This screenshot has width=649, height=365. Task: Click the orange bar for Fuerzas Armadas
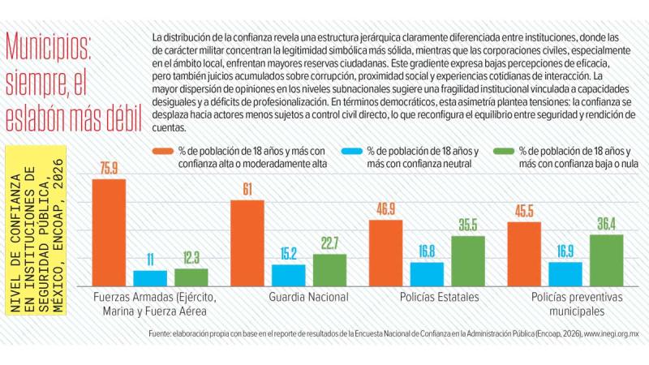tap(108, 232)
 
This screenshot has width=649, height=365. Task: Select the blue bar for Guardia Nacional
tap(289, 275)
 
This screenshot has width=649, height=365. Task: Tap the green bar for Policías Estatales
tap(468, 260)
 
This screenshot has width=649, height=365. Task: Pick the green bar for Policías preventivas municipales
tap(606, 260)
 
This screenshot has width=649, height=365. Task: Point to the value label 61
tap(247, 189)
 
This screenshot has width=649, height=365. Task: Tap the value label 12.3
tap(191, 258)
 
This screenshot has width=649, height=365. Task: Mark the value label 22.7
tap(330, 244)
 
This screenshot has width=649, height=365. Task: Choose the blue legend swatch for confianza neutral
tap(350, 151)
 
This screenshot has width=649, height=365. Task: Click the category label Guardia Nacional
tap(308, 297)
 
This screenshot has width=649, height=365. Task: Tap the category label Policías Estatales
tap(439, 297)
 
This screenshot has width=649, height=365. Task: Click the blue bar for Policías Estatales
tap(427, 274)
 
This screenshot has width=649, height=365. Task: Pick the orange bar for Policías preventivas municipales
tap(523, 254)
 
